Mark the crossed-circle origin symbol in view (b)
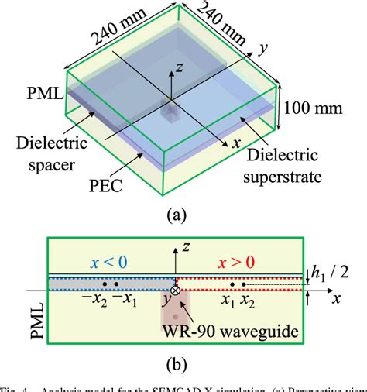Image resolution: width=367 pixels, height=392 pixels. [x=176, y=291]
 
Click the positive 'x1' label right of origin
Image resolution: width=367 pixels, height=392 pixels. [x=226, y=301]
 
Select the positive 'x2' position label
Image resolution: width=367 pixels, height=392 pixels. [x=248, y=301]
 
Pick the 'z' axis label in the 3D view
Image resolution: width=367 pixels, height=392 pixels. [x=179, y=67]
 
